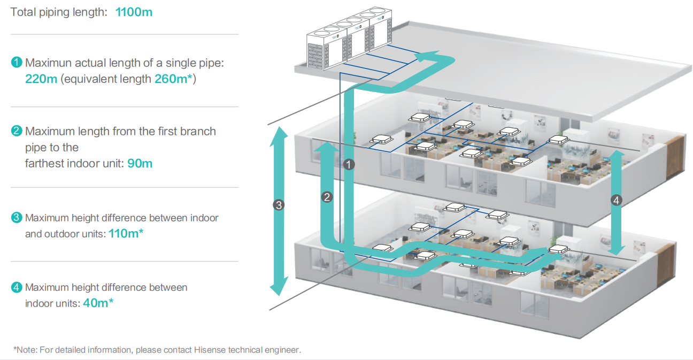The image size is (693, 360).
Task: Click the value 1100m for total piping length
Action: pyautogui.click(x=134, y=12)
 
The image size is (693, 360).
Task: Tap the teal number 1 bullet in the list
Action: pyautogui.click(x=17, y=63)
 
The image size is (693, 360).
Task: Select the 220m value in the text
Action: pyautogui.click(x=41, y=79)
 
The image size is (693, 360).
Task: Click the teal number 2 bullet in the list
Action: pyautogui.click(x=17, y=131)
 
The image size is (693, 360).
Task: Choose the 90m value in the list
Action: pyautogui.click(x=140, y=163)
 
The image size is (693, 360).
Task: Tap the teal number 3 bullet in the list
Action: pyautogui.click(x=17, y=218)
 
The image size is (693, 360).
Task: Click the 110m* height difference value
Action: pyautogui.click(x=126, y=234)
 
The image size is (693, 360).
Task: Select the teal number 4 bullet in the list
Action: pyautogui.click(x=17, y=287)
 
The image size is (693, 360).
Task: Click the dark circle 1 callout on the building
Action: pyautogui.click(x=349, y=165)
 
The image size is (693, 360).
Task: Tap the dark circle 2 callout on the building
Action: pyautogui.click(x=328, y=197)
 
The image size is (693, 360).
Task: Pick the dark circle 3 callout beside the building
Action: pyautogui.click(x=278, y=204)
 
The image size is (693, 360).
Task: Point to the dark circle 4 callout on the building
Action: pyautogui.click(x=616, y=201)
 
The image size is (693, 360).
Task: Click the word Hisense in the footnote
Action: pyautogui.click(x=212, y=350)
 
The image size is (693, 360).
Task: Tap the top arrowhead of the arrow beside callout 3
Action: pyautogui.click(x=278, y=134)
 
